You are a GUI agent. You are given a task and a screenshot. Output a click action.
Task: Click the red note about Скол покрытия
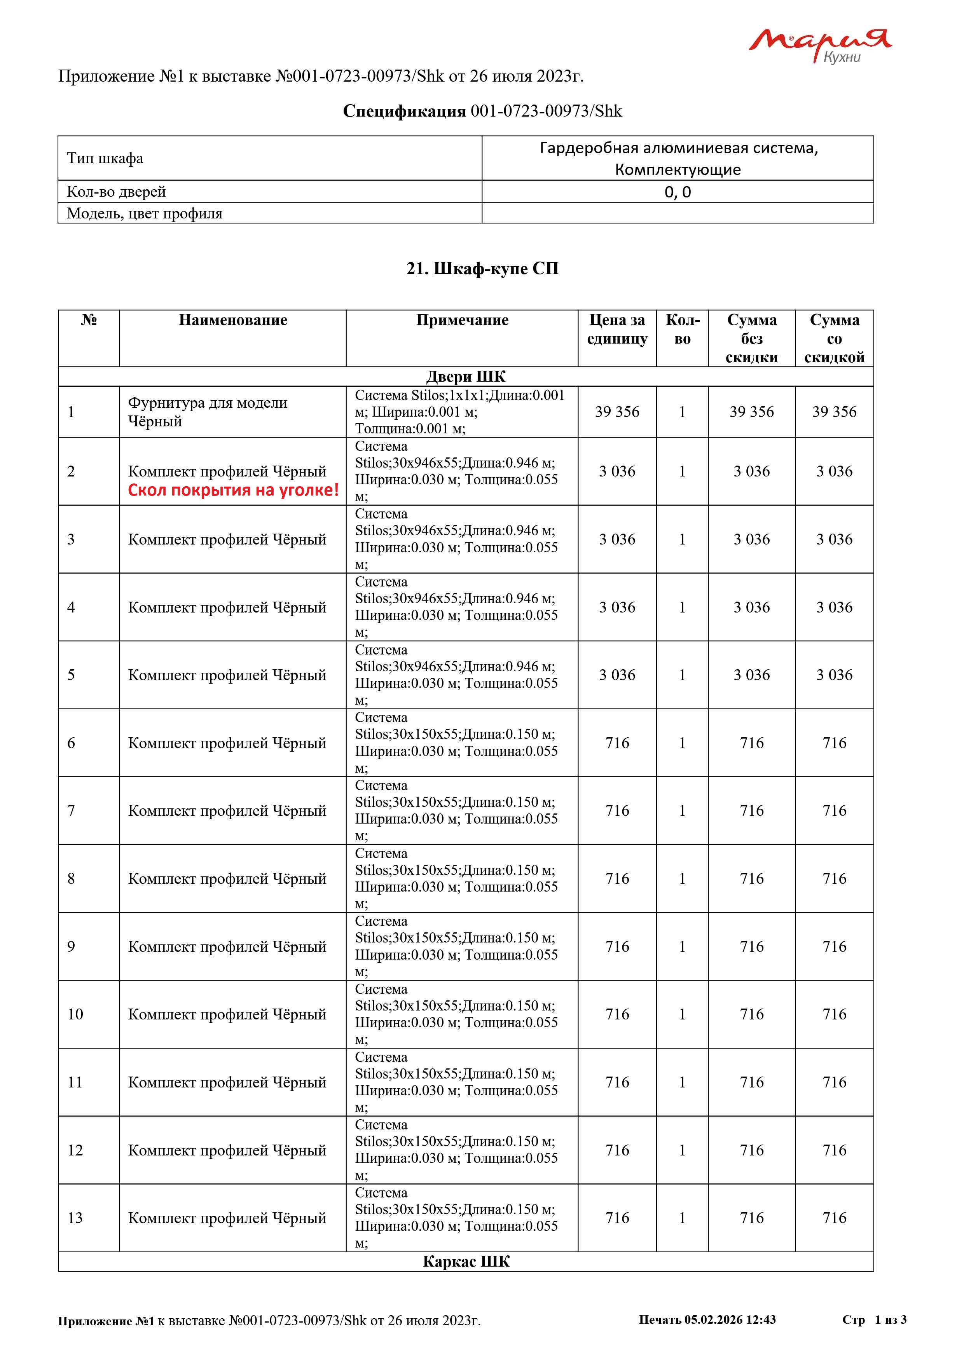click(233, 490)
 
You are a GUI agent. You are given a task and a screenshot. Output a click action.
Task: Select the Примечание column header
click(462, 321)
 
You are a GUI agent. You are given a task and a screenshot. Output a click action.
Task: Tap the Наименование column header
click(233, 321)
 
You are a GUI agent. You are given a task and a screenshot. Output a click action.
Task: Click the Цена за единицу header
click(617, 330)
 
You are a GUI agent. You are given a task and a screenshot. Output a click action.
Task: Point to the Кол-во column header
click(682, 330)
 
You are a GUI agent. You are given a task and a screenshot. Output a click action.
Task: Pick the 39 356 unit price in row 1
click(617, 412)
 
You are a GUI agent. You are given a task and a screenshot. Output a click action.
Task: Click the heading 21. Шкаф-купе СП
click(482, 269)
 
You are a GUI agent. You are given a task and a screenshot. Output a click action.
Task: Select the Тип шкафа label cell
click(105, 159)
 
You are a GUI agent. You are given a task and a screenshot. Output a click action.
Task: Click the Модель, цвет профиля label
click(144, 214)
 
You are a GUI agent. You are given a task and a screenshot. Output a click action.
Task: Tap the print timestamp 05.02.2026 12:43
click(707, 1319)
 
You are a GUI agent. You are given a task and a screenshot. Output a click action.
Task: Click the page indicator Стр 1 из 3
click(874, 1319)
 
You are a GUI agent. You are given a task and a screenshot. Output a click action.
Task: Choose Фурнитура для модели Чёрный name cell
click(207, 412)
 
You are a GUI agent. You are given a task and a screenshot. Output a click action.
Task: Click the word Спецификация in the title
click(404, 112)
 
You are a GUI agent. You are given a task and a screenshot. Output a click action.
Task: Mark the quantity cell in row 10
click(682, 1014)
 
